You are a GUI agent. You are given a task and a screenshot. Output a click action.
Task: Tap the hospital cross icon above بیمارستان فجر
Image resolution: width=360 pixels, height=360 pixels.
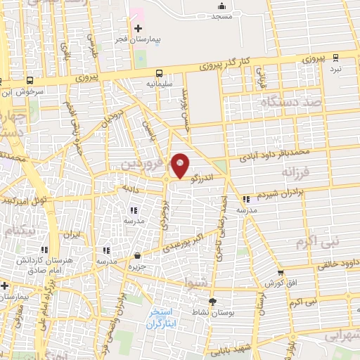tap(138, 28)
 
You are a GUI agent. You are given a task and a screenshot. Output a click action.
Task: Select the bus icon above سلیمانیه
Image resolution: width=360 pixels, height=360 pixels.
tap(160, 72)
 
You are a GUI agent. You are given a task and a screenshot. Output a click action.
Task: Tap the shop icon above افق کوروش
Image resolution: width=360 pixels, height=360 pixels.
tap(281, 273)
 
